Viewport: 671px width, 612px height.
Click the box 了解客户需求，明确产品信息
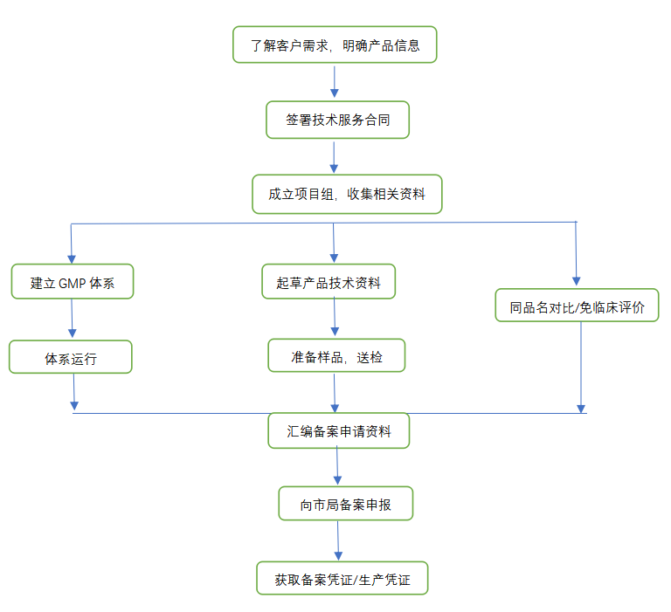click(335, 45)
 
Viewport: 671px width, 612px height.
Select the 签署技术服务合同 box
click(337, 120)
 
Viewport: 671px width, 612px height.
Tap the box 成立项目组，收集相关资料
click(347, 195)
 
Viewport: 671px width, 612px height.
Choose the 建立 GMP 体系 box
click(73, 282)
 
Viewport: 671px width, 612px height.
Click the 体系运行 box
click(71, 357)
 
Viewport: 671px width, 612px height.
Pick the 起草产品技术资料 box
click(329, 282)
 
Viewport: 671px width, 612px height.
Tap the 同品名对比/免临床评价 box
click(578, 306)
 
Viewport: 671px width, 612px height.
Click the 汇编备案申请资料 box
click(339, 430)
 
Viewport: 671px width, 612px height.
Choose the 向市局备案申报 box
click(345, 504)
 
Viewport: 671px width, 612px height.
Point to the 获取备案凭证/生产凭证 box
click(342, 578)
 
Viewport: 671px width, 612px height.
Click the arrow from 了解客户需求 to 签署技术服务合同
click(334, 81)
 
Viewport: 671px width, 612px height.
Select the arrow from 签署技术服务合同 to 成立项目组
click(334, 157)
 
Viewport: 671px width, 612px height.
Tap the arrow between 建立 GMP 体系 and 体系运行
click(72, 320)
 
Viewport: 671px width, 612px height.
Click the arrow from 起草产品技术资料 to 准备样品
click(333, 320)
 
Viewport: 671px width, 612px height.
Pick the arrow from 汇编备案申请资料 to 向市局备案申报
click(337, 467)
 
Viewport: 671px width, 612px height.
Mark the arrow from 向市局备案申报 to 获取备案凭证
click(338, 541)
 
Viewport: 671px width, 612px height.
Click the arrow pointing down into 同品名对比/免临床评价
click(576, 258)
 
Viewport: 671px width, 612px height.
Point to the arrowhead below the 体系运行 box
click(74, 403)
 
